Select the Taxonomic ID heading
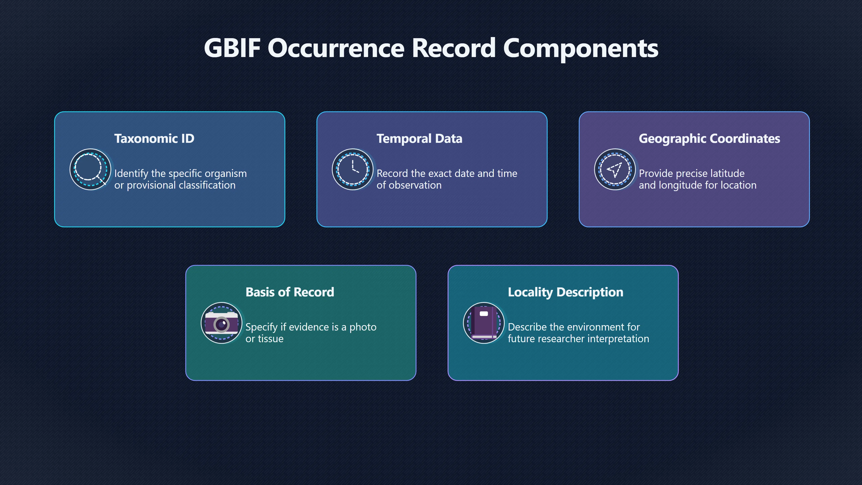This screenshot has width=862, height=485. (x=154, y=139)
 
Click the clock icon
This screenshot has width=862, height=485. (x=353, y=169)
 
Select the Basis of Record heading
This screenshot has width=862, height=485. (x=290, y=292)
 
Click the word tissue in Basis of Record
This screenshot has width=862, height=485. (x=271, y=339)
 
